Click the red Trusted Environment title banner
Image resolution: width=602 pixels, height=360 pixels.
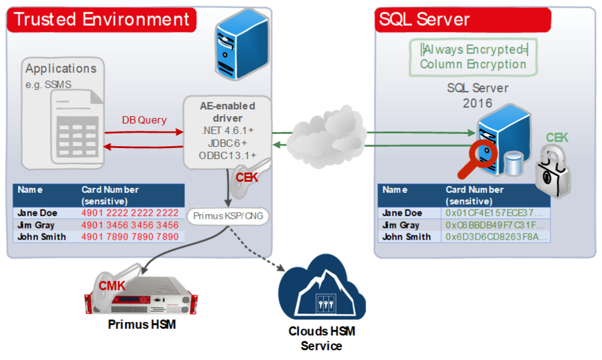101,19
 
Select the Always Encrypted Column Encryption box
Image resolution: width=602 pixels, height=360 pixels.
472,57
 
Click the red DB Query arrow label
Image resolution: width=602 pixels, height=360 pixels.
144,120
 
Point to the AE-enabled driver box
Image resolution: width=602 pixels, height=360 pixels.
227,131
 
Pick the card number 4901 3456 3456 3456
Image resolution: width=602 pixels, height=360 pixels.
130,225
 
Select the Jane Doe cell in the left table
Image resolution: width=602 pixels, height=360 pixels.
37,213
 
